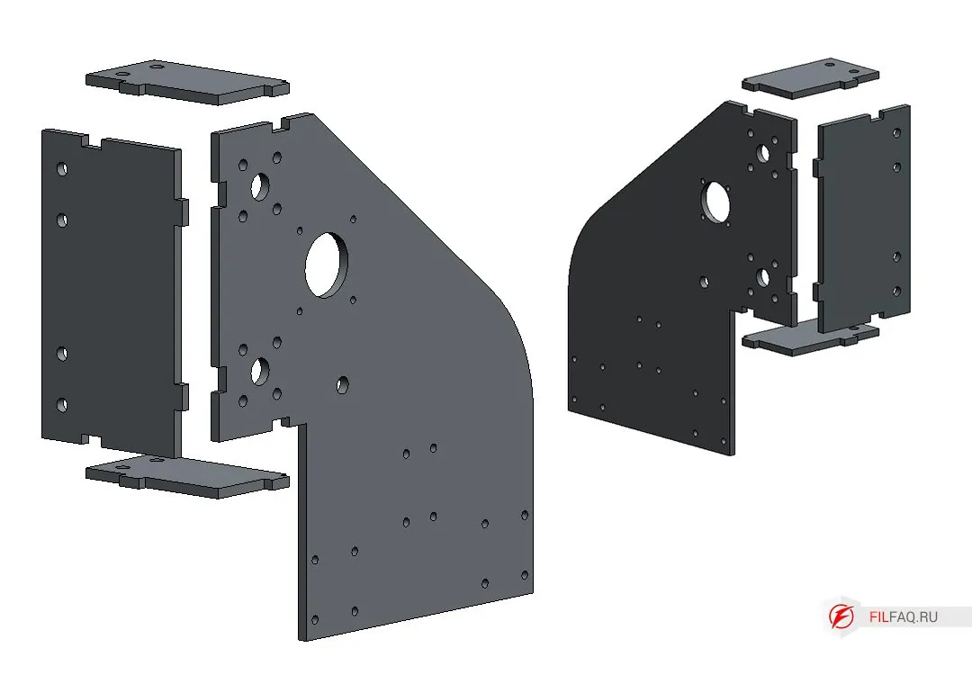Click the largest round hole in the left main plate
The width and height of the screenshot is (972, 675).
tap(326, 265)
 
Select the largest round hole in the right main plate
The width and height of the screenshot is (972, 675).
tap(716, 201)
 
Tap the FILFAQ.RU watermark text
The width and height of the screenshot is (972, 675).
tap(904, 616)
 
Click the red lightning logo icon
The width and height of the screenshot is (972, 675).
tap(841, 616)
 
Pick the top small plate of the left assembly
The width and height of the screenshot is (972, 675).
tap(187, 82)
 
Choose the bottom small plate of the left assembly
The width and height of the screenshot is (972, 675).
tap(187, 477)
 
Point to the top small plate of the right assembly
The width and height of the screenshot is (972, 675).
tap(810, 78)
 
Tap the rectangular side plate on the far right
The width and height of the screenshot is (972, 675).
tap(862, 220)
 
